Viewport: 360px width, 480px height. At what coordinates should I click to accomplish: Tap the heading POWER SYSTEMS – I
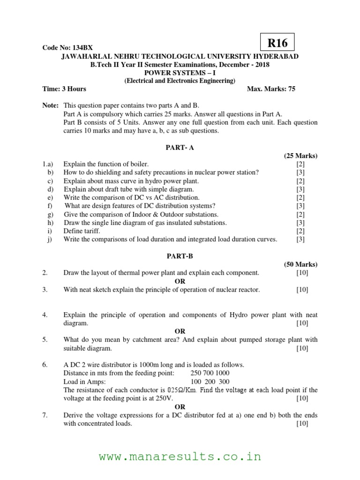coord(180,73)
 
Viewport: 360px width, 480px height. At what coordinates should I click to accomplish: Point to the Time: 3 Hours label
coord(64,89)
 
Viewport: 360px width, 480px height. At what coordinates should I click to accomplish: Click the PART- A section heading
coord(180,148)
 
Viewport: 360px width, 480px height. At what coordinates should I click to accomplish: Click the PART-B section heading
coord(180,256)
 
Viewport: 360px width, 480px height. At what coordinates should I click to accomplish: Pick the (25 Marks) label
coord(300,156)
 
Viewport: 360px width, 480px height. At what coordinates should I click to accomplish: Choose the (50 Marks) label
coord(300,264)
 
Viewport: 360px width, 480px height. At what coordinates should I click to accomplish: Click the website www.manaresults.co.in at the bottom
coord(180,457)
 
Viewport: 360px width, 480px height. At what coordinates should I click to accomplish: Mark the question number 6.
coord(45,365)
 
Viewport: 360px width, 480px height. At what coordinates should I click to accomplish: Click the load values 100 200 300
coord(210,382)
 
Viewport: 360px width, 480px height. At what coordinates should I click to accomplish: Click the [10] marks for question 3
coord(302,290)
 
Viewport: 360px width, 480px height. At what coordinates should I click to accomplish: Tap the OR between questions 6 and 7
coord(180,407)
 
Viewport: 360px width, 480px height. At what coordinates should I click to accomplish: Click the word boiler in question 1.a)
coord(139,164)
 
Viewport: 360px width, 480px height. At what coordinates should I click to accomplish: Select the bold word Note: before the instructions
coord(51,106)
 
